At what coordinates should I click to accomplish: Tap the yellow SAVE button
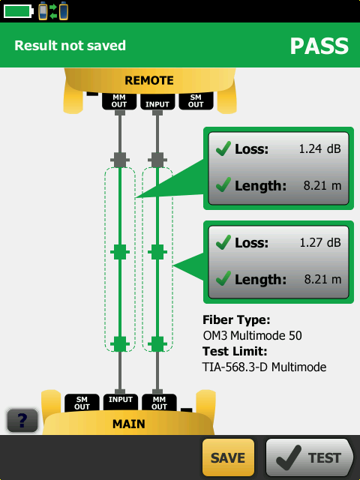tap(228, 457)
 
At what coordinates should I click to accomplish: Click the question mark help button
tap(22, 421)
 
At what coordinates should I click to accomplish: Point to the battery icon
tap(18, 11)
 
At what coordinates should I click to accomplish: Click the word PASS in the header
tap(319, 46)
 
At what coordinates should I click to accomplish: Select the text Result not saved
tap(70, 46)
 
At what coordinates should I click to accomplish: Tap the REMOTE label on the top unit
tap(149, 80)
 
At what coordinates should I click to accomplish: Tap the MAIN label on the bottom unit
tap(128, 424)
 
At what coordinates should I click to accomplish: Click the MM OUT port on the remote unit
tap(119, 101)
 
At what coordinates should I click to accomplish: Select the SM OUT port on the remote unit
tap(196, 101)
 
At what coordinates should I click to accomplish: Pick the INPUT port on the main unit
tap(121, 402)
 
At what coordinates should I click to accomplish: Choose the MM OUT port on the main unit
tap(159, 403)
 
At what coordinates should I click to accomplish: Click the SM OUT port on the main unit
tap(82, 403)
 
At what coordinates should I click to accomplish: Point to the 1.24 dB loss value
tap(319, 148)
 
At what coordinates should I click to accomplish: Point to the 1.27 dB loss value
tap(320, 242)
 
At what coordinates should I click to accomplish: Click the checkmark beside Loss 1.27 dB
tap(223, 242)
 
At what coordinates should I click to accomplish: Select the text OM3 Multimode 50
tap(252, 335)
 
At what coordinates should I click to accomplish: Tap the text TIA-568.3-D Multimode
tap(265, 367)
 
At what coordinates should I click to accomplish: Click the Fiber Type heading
tap(236, 320)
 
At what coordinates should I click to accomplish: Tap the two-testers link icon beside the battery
tap(53, 11)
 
